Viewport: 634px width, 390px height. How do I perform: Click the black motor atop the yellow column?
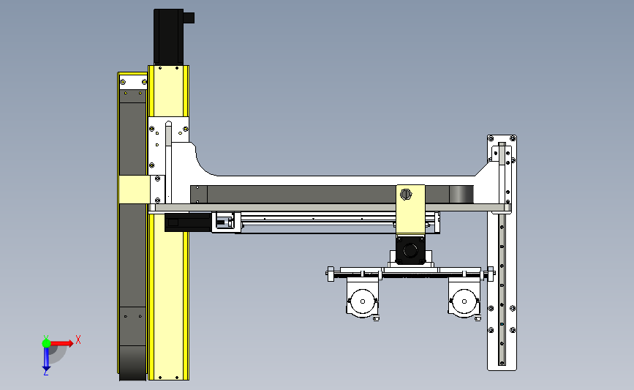pyautogui.click(x=168, y=37)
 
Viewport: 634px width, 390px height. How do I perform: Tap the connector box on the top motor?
pyautogui.click(x=189, y=18)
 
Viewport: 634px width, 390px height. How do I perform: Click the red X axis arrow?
pyautogui.click(x=61, y=343)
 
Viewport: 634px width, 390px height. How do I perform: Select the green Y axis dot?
pyautogui.click(x=46, y=343)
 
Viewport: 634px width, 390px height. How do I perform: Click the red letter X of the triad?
pyautogui.click(x=78, y=340)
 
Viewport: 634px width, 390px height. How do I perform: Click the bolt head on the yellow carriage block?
pyautogui.click(x=406, y=195)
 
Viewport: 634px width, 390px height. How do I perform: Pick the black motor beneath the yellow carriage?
pyautogui.click(x=410, y=250)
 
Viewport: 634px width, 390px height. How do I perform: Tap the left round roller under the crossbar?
pyautogui.click(x=362, y=301)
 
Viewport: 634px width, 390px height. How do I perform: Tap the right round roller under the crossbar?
pyautogui.click(x=464, y=301)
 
